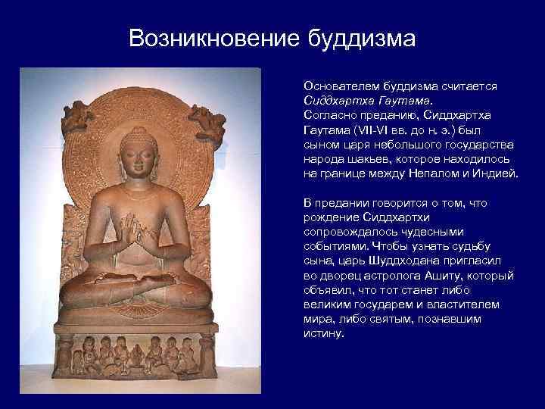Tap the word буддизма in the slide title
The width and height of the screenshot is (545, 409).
click(x=361, y=39)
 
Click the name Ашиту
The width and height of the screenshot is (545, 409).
click(x=444, y=276)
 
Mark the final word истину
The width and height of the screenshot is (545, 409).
click(x=324, y=333)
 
